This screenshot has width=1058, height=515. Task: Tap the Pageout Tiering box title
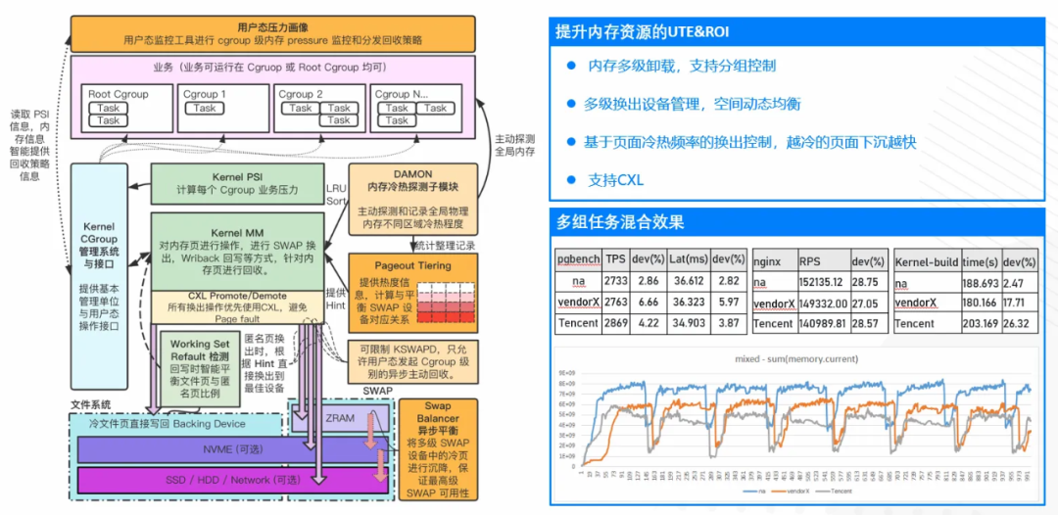click(413, 265)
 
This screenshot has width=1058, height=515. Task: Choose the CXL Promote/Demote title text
click(238, 296)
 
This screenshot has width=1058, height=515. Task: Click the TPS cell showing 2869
click(615, 323)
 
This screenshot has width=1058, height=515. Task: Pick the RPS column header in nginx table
click(810, 261)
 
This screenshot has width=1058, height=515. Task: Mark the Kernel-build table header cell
click(925, 261)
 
